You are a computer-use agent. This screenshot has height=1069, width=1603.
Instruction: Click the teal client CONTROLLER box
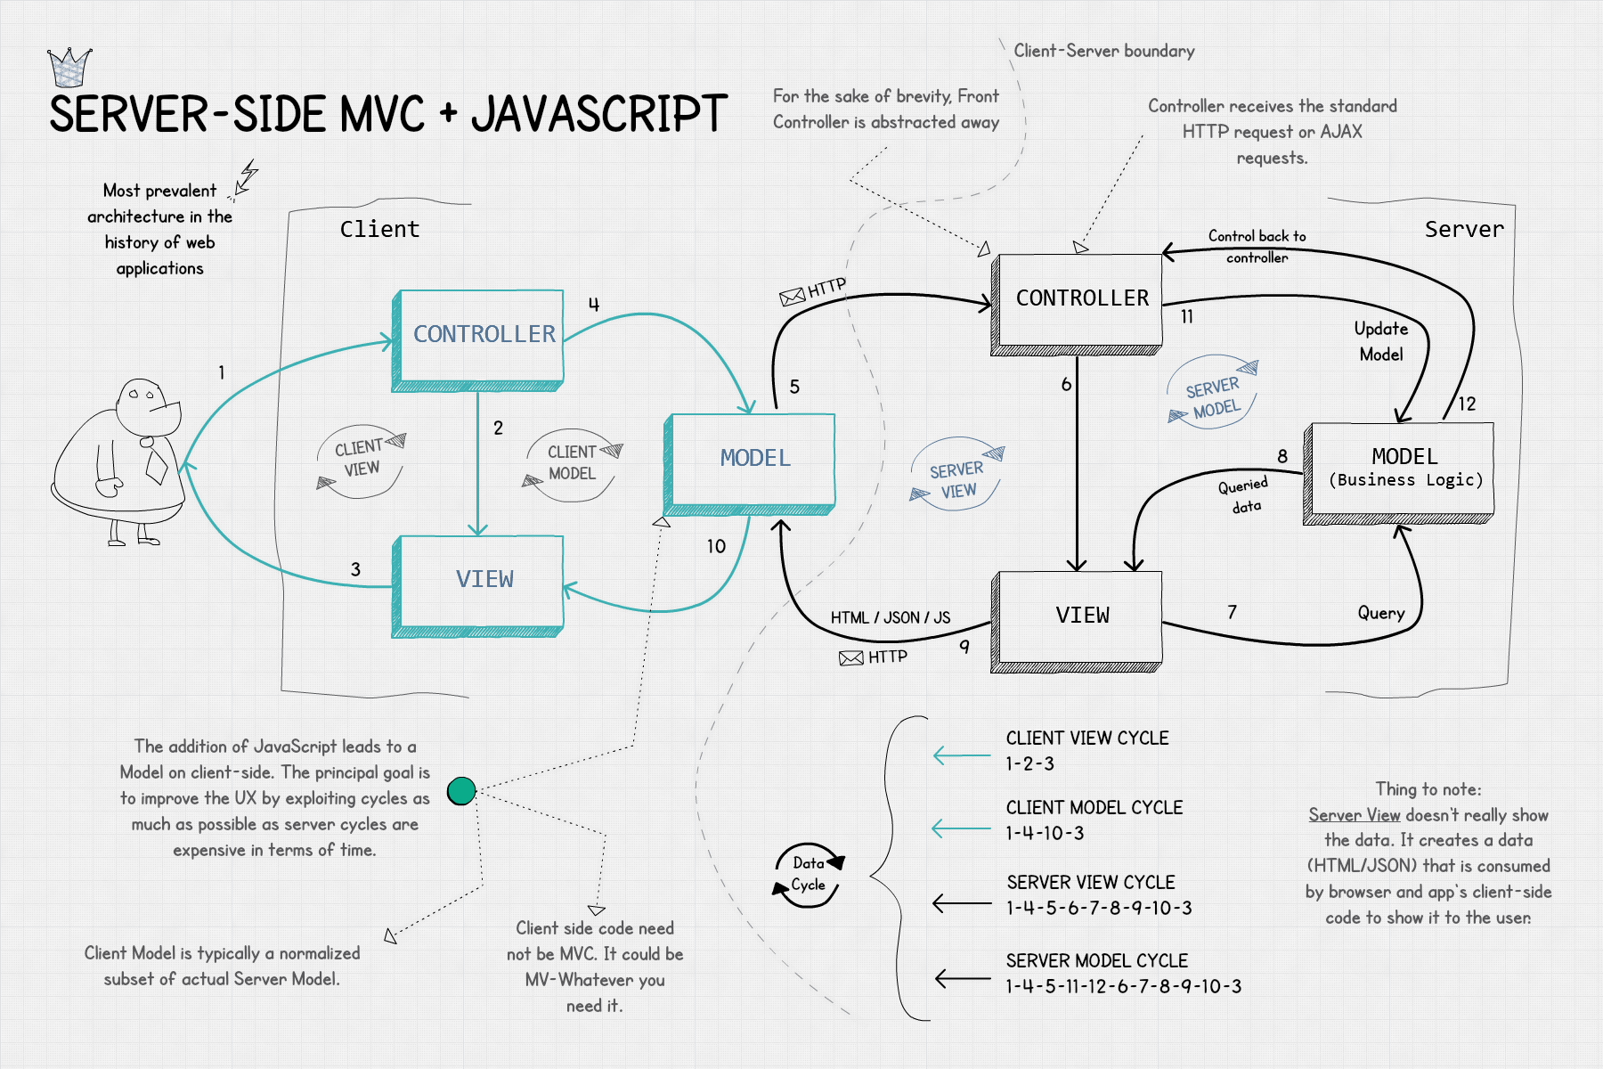(x=478, y=339)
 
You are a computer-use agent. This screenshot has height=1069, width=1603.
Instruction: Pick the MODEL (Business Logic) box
(x=1400, y=470)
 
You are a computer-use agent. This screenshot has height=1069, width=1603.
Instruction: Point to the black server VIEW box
(x=1078, y=618)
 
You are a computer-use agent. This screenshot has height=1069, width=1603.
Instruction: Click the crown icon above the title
(x=69, y=67)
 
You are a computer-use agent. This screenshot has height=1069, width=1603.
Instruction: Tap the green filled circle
(x=461, y=790)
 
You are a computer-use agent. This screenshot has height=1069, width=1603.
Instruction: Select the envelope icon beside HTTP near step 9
(x=851, y=658)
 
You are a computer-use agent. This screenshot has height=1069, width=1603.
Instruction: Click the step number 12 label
(x=1467, y=404)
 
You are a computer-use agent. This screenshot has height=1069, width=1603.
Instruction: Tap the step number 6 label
(x=1066, y=385)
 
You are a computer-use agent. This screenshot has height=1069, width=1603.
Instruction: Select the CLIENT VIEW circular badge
(x=361, y=458)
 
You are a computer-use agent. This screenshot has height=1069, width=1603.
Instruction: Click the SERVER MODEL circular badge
(x=1213, y=396)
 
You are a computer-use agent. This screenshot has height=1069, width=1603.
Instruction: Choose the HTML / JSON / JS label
(x=890, y=617)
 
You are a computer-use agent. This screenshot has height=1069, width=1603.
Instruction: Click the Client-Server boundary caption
(x=1103, y=51)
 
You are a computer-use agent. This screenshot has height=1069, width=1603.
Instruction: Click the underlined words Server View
(x=1354, y=815)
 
